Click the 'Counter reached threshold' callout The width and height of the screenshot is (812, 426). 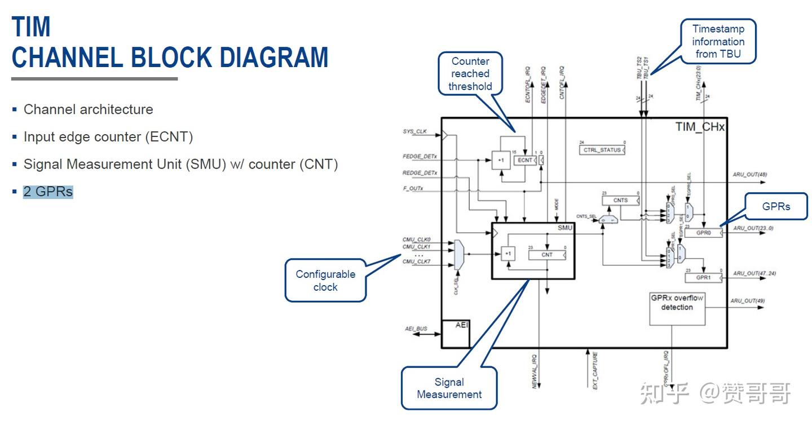pyautogui.click(x=470, y=74)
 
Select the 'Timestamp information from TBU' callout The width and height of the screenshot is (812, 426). pyautogui.click(x=718, y=41)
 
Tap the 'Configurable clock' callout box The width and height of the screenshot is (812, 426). pyautogui.click(x=325, y=281)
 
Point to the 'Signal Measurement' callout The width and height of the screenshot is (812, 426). pyautogui.click(x=449, y=388)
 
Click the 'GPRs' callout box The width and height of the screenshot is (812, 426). pyautogui.click(x=776, y=206)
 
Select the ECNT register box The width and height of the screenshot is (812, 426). pyautogui.click(x=525, y=161)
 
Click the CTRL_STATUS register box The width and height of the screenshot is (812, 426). pyautogui.click(x=602, y=150)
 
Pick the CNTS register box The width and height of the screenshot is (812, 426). pyautogui.click(x=620, y=200)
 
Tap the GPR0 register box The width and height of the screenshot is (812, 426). pyautogui.click(x=703, y=232)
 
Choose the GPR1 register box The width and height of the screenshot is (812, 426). pyautogui.click(x=703, y=278)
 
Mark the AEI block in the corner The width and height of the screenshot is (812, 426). pyautogui.click(x=455, y=333)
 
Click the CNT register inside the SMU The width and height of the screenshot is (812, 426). pyautogui.click(x=547, y=255)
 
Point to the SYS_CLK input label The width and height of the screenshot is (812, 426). pyautogui.click(x=414, y=131)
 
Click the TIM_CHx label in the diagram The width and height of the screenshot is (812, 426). pyautogui.click(x=699, y=127)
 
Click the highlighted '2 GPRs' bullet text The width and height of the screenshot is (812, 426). pyautogui.click(x=48, y=192)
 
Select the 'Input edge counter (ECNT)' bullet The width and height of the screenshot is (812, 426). pyautogui.click(x=108, y=137)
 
